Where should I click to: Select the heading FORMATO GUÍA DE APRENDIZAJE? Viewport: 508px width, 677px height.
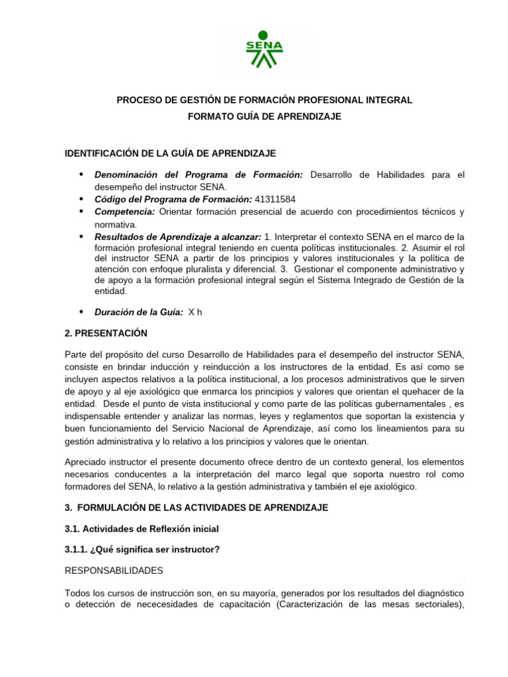(265, 116)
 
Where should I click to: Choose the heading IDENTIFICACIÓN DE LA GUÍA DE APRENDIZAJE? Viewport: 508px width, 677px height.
(170, 153)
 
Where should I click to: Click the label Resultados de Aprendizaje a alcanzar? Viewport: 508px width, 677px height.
(178, 237)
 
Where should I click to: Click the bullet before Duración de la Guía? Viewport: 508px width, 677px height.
(81, 312)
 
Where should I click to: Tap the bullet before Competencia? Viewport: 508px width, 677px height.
(81, 212)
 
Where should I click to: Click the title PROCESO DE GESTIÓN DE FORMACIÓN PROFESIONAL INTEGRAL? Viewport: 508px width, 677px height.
(265, 100)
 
